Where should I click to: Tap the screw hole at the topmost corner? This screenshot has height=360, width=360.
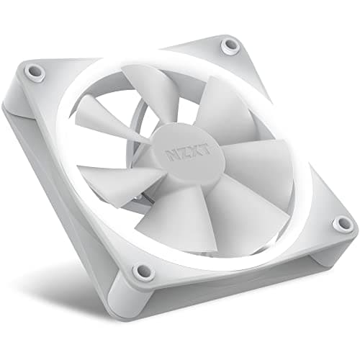coord(230,45)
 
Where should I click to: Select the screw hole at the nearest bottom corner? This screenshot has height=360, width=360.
coord(143,271)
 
